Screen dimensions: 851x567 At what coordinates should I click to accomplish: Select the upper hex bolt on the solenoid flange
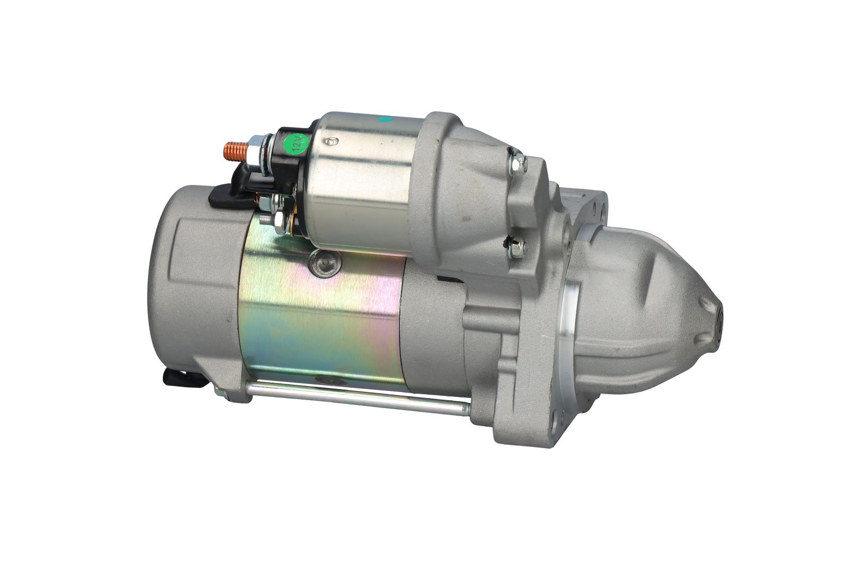point(518,164)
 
